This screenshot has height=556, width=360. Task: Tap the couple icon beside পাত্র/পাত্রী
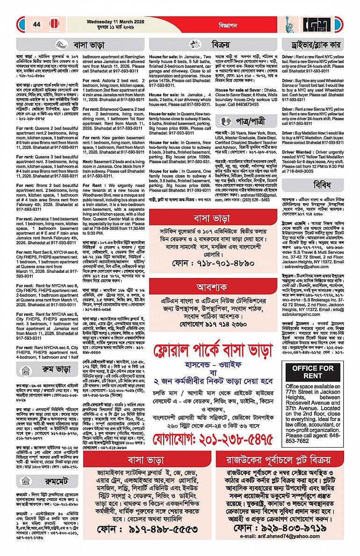click(x=226, y=121)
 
